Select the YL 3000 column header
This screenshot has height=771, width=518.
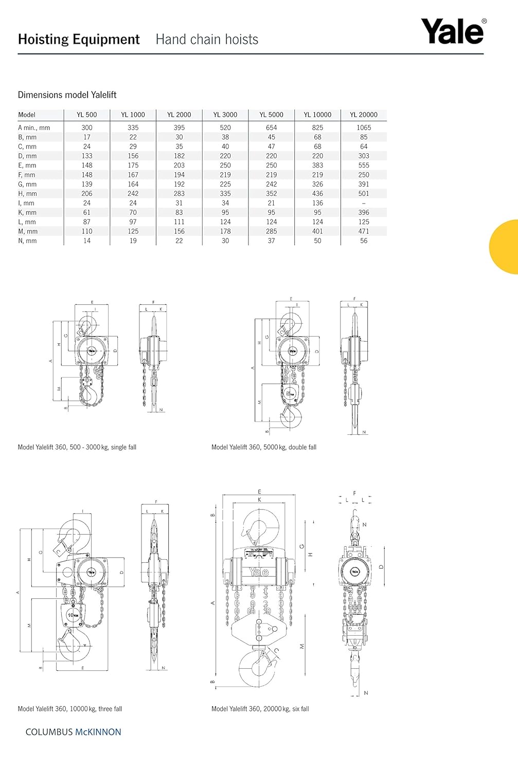coord(225,115)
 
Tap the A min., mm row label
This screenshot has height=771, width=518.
coord(34,127)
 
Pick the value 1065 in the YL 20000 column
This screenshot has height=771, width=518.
coord(364,127)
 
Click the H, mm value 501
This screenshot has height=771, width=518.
coord(364,194)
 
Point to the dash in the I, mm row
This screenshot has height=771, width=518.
coord(364,203)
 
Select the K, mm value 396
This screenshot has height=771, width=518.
coord(364,212)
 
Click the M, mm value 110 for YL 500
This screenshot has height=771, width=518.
coord(87,231)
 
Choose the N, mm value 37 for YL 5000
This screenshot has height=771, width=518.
coord(272,241)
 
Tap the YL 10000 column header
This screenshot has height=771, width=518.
coord(317,115)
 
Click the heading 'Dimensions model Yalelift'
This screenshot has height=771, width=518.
coord(67,95)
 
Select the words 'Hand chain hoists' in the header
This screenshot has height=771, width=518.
coord(207,40)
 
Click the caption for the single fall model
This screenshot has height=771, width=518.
coord(77,447)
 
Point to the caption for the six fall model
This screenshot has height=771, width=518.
coord(260,709)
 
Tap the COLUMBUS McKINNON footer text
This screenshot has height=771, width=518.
coord(74,732)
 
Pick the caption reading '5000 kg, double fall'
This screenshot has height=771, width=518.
coord(264,447)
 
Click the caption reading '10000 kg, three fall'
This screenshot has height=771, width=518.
coord(70,709)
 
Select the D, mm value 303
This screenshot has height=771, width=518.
coord(364,156)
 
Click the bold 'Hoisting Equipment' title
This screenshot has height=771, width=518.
coord(79,40)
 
